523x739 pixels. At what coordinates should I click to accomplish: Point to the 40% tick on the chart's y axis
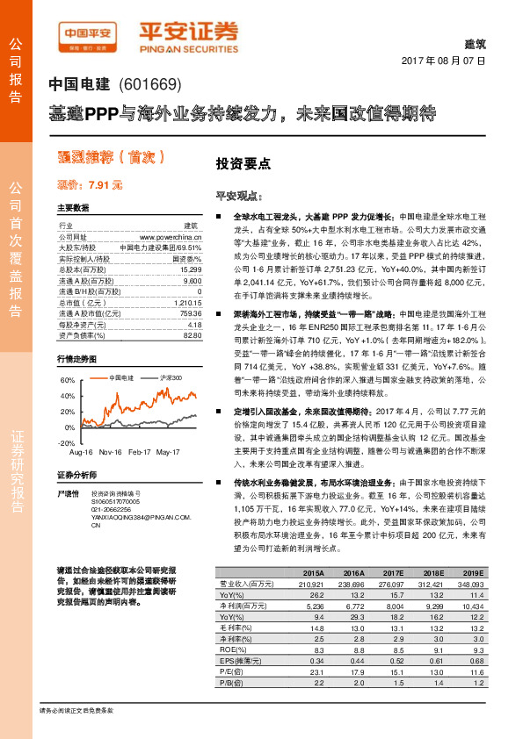click(x=68, y=396)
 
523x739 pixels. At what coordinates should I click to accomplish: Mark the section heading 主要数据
click(x=73, y=208)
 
